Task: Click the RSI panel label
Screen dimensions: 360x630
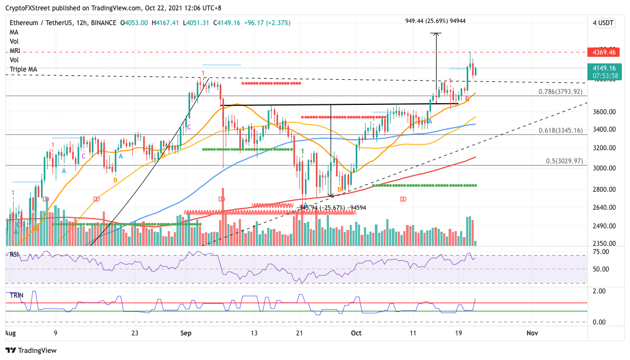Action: point(15,254)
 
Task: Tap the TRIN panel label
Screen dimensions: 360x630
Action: point(16,295)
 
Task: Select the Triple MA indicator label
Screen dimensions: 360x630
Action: point(23,69)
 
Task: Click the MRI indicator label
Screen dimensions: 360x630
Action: point(15,51)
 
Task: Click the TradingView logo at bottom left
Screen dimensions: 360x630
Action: point(31,350)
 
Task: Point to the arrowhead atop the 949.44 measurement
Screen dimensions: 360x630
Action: point(435,34)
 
